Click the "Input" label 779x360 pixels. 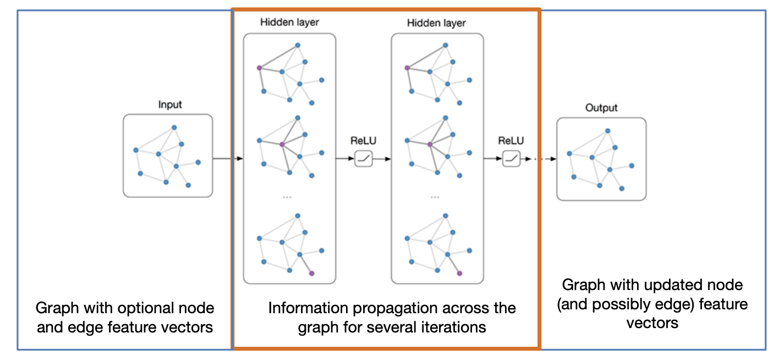pos(169,105)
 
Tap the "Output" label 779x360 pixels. pos(601,108)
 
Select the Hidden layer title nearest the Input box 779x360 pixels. pos(289,23)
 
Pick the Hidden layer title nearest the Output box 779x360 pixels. pos(436,23)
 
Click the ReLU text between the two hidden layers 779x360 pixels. pos(364,141)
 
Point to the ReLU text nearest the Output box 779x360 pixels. pos(511,141)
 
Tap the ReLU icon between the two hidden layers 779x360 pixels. pos(364,159)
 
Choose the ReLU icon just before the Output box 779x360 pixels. pos(511,159)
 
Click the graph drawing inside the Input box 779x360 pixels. pos(167,156)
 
